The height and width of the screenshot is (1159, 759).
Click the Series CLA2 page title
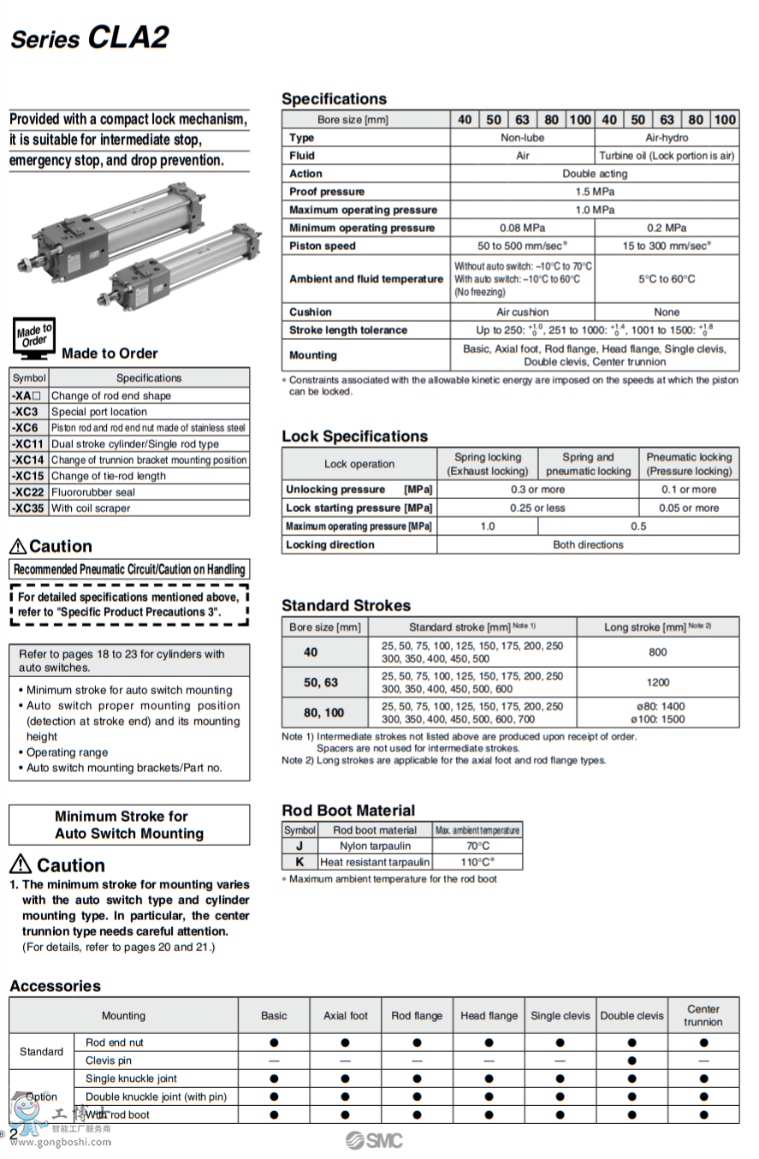pos(89,38)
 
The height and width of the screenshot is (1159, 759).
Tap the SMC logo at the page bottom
pos(374,1139)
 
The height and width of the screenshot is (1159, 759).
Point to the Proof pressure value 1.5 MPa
pos(595,192)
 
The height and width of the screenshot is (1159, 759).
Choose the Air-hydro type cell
pos(667,138)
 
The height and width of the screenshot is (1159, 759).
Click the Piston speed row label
pos(323,246)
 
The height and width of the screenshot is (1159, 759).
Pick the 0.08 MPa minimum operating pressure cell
pos(522,228)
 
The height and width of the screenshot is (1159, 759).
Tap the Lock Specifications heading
pos(354,437)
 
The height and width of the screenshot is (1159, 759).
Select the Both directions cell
pos(588,544)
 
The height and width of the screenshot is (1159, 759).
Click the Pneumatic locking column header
pos(689,464)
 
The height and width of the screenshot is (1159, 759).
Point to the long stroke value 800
pos(657,652)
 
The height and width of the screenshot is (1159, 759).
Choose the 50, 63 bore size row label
pos(321,682)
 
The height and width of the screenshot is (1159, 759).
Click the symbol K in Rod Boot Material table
pos(299,862)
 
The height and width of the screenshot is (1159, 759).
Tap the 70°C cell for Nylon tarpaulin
pos(477,846)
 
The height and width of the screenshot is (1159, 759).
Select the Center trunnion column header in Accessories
pos(703,1015)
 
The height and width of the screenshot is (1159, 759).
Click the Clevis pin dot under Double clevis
pos(632,1061)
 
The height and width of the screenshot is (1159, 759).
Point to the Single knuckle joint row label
pos(131,1079)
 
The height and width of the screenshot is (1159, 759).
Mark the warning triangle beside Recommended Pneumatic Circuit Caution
pos(18,546)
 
